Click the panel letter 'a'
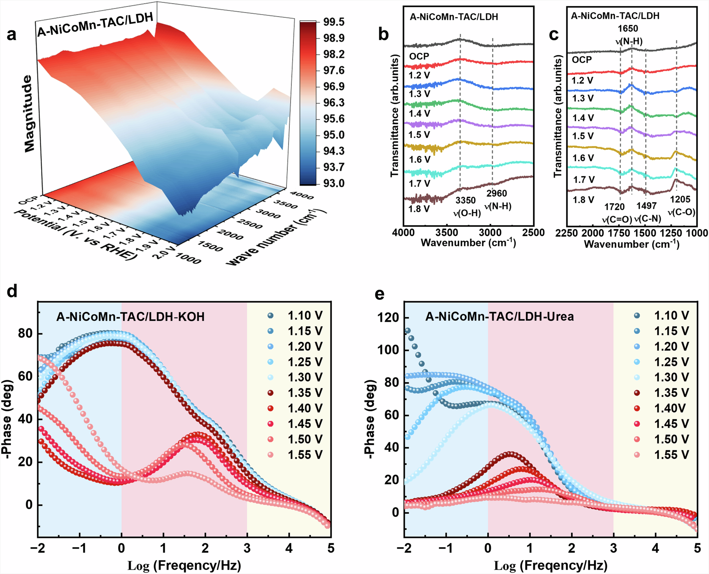click(x=11, y=35)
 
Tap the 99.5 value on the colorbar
click(x=334, y=22)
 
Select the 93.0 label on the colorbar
click(x=334, y=183)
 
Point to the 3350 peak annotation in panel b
click(x=465, y=200)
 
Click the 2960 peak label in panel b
click(x=496, y=193)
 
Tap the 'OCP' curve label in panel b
click(x=419, y=56)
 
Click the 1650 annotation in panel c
click(x=628, y=29)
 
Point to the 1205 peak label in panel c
click(x=680, y=199)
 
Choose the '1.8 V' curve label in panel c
click(x=584, y=200)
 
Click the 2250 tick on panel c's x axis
click(x=567, y=233)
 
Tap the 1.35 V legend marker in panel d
click(x=271, y=393)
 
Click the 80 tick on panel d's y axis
click(x=26, y=334)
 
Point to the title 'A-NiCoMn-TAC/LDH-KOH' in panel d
click(x=130, y=316)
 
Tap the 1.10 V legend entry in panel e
click(x=671, y=316)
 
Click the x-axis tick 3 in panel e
click(x=614, y=548)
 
